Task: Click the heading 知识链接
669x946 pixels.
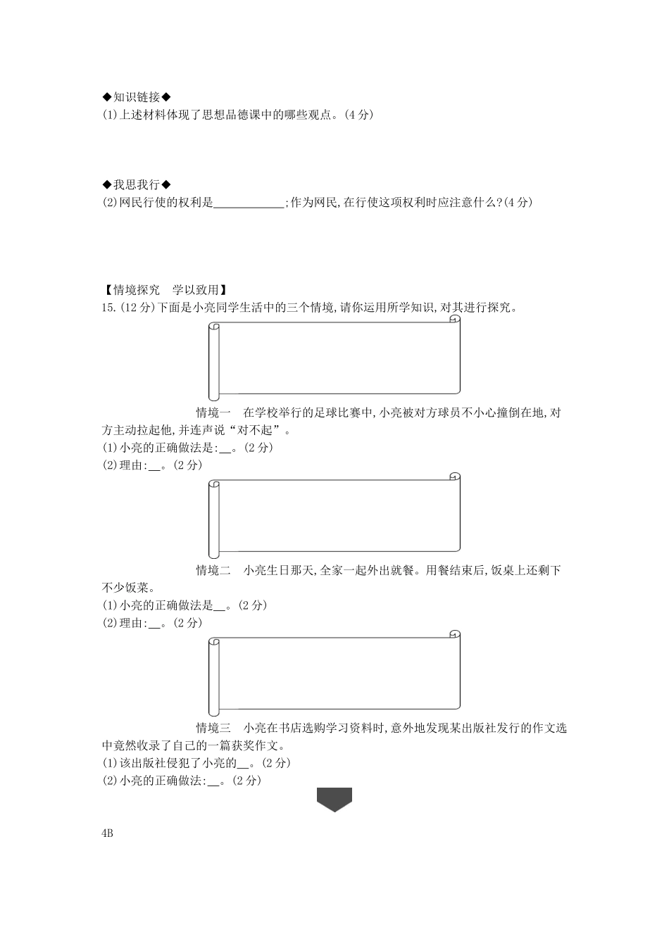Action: coord(137,97)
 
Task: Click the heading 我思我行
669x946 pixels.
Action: coord(137,184)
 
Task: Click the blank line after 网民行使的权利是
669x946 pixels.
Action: coord(248,203)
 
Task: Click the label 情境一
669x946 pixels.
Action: coord(213,412)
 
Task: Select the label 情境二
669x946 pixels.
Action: coord(213,570)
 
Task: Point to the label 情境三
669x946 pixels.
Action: coord(213,728)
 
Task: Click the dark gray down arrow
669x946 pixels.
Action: coord(334,799)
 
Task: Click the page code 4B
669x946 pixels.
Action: coord(108,834)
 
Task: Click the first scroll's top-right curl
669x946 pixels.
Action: coord(455,320)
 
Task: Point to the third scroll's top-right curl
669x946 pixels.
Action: coord(455,636)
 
